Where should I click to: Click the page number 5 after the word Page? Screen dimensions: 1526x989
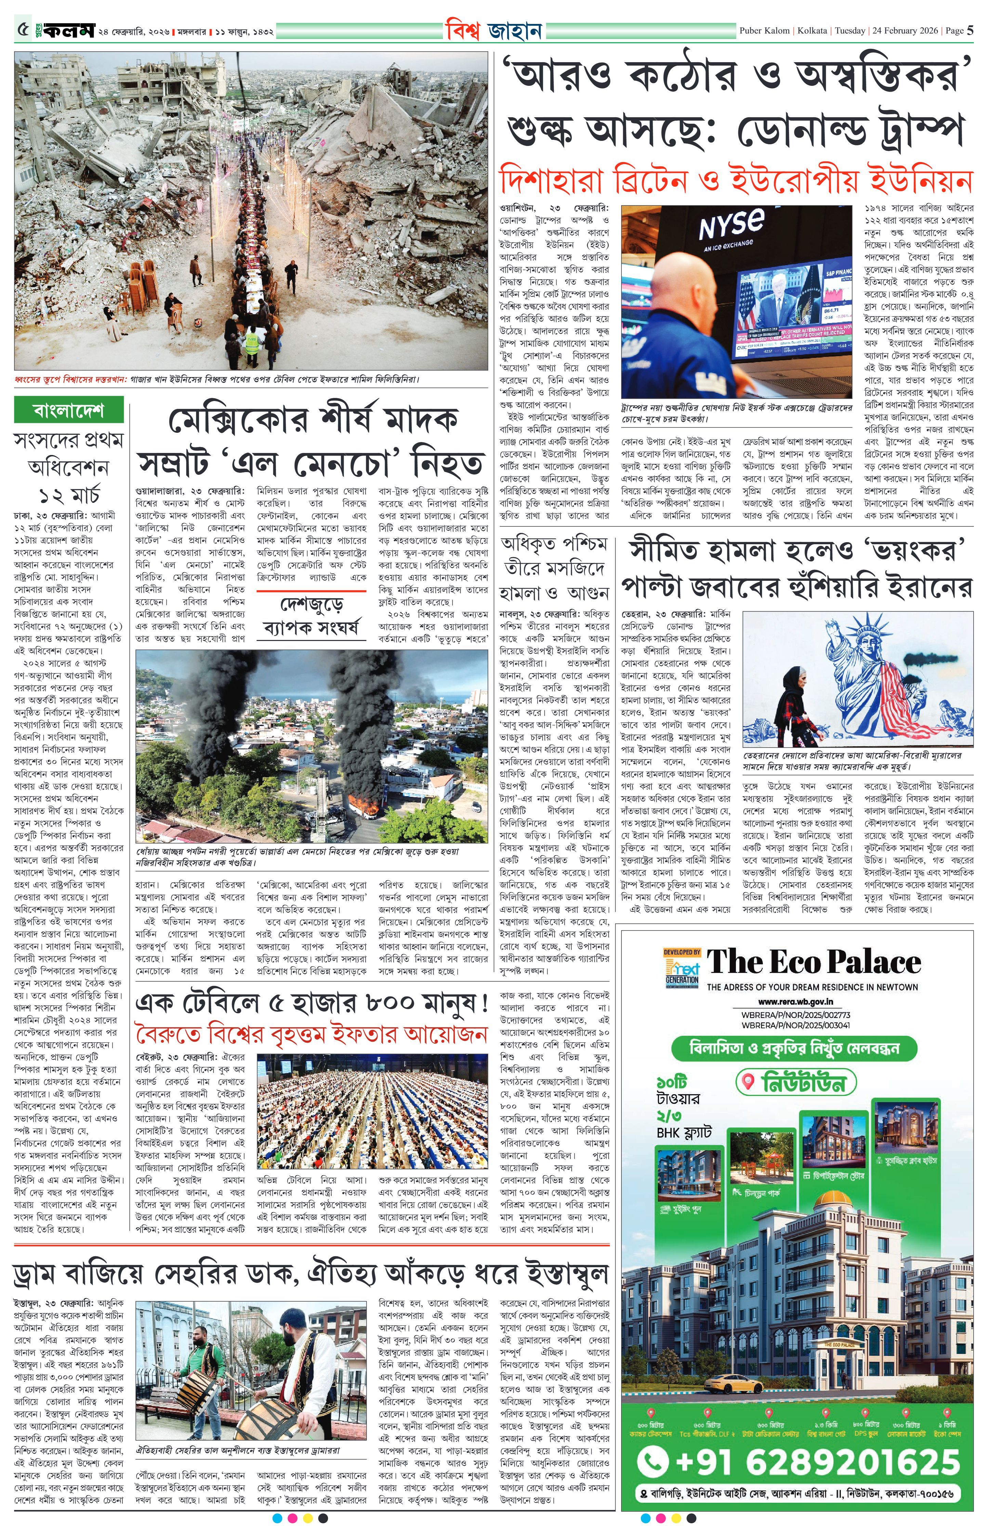971,30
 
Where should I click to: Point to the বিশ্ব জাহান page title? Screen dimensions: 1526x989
494,30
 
